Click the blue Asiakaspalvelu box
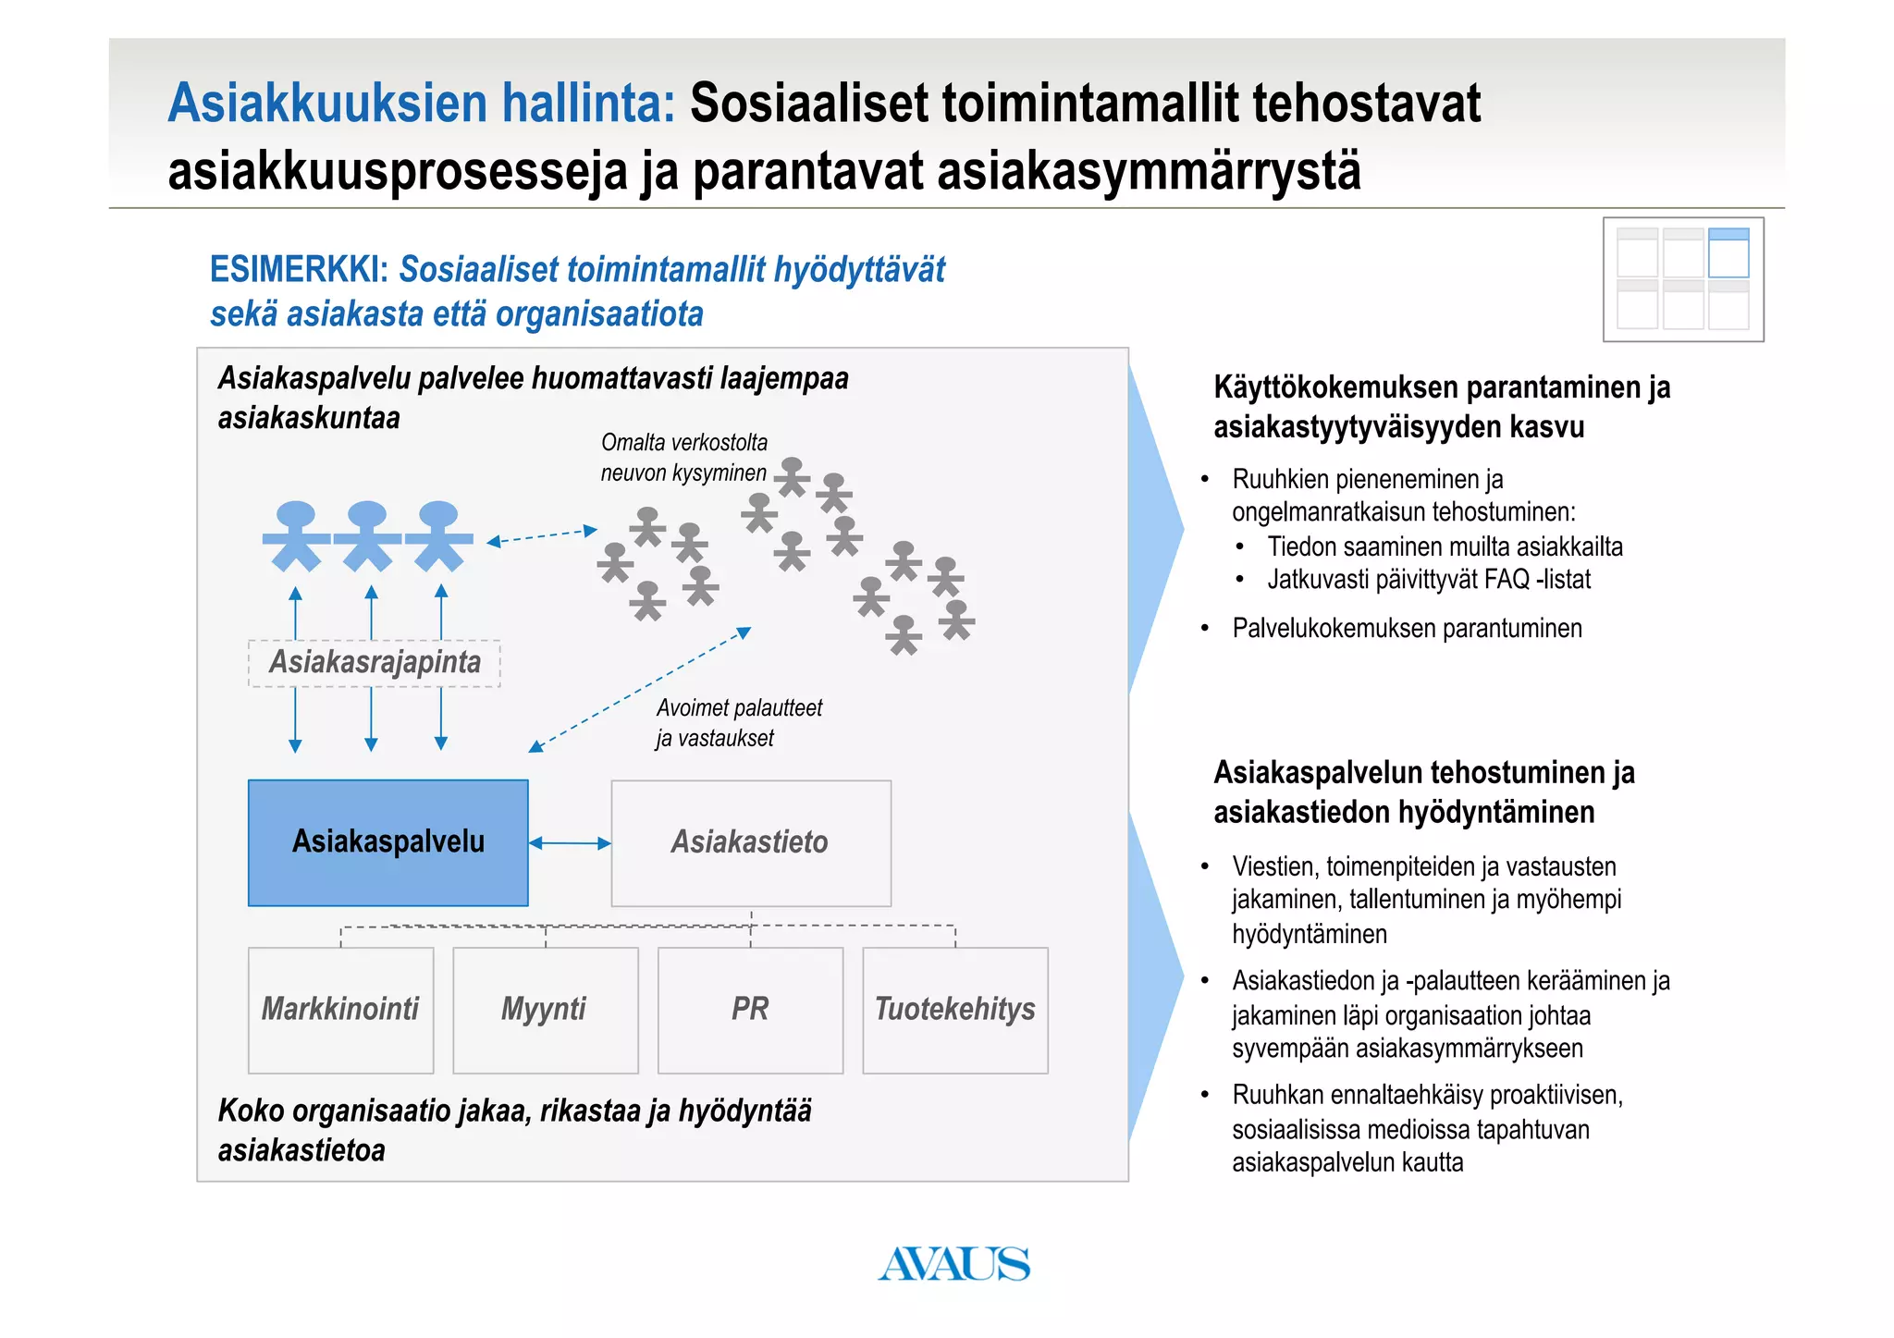click(x=387, y=842)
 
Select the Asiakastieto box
click(x=750, y=842)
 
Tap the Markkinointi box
click(x=340, y=1009)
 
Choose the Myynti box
click(x=545, y=1009)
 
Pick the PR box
click(x=750, y=1009)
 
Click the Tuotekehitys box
click(x=954, y=1009)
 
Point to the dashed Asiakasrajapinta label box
click(x=375, y=663)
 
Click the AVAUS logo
click(x=953, y=1264)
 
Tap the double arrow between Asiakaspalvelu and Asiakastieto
click(x=570, y=843)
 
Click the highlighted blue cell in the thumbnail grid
click(x=1728, y=252)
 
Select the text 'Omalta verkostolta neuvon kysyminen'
click(x=683, y=458)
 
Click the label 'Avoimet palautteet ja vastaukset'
click(x=738, y=723)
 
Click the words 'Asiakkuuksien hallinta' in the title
click(x=422, y=103)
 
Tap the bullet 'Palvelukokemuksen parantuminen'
click(x=1407, y=629)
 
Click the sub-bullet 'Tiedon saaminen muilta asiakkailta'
click(x=1445, y=547)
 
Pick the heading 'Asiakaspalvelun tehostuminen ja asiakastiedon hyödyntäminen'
click(x=1423, y=792)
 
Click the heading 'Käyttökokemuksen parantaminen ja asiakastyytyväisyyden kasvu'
click(x=1441, y=407)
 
